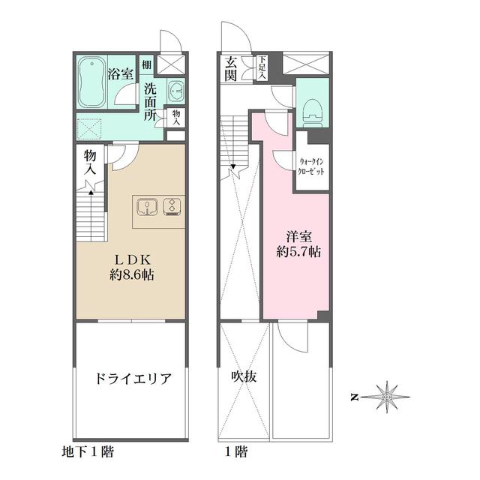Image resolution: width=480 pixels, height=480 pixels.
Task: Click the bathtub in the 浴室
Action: (91, 83)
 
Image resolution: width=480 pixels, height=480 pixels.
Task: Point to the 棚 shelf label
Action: (147, 65)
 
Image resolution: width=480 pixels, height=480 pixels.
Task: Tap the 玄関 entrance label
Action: (229, 68)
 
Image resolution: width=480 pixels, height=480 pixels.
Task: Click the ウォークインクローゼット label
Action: (312, 166)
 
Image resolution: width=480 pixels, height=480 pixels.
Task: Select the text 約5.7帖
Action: (298, 252)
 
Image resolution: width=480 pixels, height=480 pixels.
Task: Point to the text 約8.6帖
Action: (130, 274)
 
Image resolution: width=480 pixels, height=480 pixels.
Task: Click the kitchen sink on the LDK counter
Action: (148, 205)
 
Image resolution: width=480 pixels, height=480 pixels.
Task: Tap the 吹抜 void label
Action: (245, 377)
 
